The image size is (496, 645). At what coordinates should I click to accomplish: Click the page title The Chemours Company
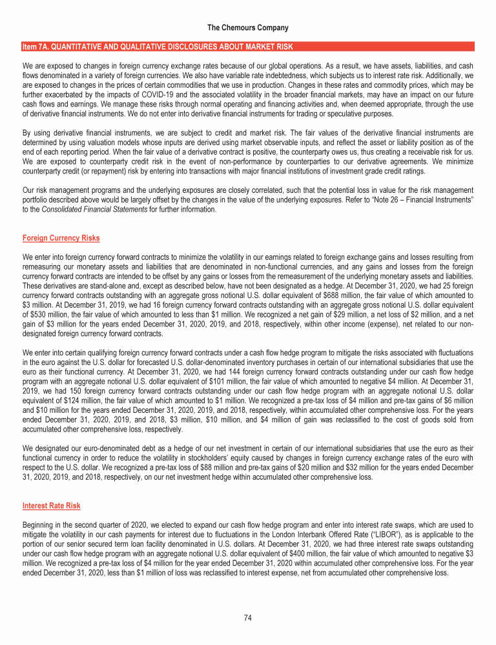click(x=248, y=28)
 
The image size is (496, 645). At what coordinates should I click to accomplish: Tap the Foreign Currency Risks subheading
click(x=61, y=238)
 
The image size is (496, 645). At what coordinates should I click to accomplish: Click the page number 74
click(x=247, y=617)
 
